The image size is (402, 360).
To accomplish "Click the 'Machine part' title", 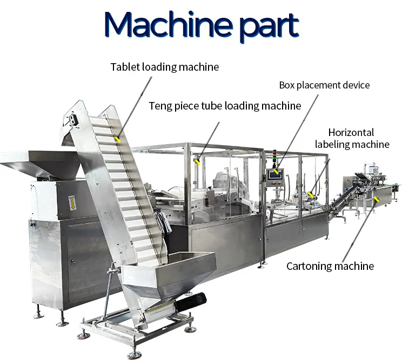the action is (x=202, y=25).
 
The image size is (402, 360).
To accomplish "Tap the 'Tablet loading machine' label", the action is (x=165, y=67).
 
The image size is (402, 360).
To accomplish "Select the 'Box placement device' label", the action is (x=324, y=85).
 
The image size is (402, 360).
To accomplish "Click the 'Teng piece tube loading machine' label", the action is (x=225, y=106).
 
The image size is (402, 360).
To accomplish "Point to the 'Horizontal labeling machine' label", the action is (x=352, y=139).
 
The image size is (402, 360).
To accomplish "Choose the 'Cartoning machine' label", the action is (x=330, y=266).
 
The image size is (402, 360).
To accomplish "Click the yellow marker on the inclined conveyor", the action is (x=118, y=139).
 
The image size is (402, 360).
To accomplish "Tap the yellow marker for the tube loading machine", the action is (x=197, y=162).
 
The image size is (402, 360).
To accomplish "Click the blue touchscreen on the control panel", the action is (x=275, y=175).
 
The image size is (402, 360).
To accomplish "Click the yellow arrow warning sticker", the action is (x=72, y=203).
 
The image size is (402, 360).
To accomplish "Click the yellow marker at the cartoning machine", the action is (x=376, y=199).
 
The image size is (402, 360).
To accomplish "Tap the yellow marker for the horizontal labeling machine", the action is (x=311, y=195).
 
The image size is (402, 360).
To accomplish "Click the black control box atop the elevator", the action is (x=73, y=119).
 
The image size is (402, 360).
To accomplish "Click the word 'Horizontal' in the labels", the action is (x=351, y=133).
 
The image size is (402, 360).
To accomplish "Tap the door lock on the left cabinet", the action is (x=73, y=262).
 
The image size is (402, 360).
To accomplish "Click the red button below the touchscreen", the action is (x=274, y=183).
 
